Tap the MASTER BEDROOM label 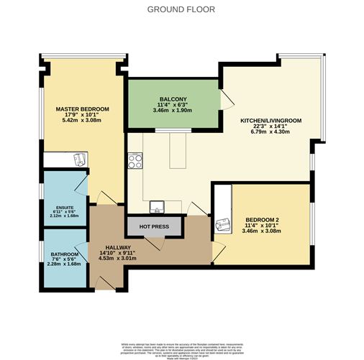click(x=83, y=109)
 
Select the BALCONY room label click(x=173, y=99)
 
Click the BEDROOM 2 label click(x=262, y=219)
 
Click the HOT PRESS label click(x=153, y=226)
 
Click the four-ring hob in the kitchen click(x=135, y=162)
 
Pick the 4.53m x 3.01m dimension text click(x=115, y=259)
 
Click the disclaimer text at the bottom click(x=182, y=345)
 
